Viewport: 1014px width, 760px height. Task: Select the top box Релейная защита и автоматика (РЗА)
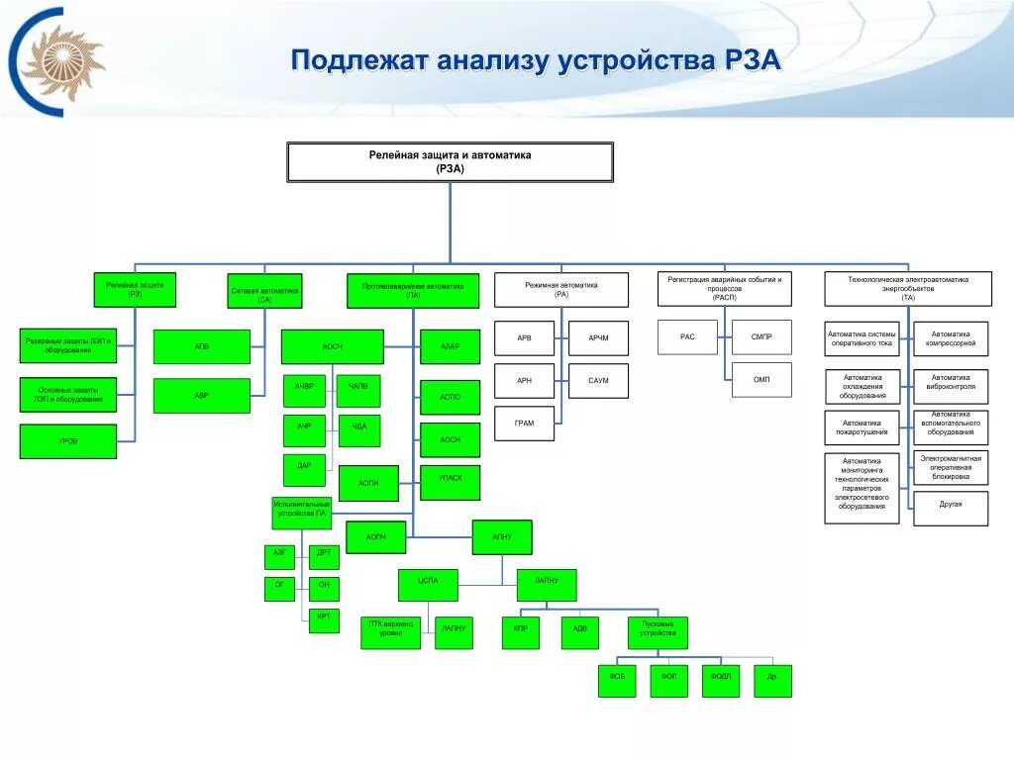(450, 162)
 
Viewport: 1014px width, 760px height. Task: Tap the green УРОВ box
(67, 441)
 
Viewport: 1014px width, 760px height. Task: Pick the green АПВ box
(202, 347)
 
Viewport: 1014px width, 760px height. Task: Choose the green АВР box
(202, 395)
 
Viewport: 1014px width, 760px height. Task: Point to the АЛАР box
(450, 346)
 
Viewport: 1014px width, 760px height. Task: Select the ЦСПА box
(428, 585)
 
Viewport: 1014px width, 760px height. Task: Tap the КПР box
(521, 632)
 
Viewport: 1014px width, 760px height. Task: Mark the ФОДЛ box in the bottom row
(720, 680)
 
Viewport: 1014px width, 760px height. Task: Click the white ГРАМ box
(524, 424)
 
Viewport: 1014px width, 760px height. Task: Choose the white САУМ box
(598, 381)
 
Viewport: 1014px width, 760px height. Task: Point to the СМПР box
(761, 337)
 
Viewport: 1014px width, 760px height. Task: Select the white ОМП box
(761, 380)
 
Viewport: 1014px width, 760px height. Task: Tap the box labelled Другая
(951, 505)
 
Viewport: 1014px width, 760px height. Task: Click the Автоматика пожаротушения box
(862, 427)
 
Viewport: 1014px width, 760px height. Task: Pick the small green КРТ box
(324, 620)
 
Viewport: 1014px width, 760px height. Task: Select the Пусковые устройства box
(658, 632)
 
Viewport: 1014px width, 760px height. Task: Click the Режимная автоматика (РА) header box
(561, 290)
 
